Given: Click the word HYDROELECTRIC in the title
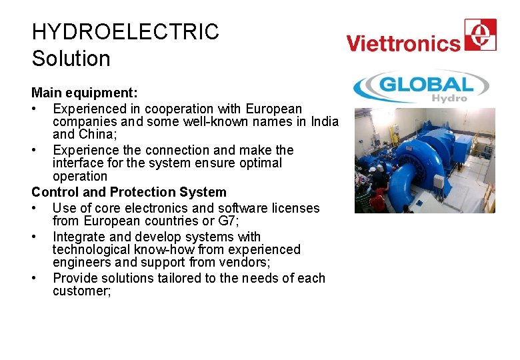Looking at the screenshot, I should click(x=125, y=32).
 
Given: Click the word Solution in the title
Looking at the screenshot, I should click(x=71, y=59).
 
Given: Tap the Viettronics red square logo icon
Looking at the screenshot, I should click(x=480, y=35).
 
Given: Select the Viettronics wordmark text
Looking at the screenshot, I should click(x=403, y=44).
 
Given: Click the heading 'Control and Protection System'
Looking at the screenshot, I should click(x=129, y=192).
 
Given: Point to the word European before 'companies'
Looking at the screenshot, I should click(x=273, y=108).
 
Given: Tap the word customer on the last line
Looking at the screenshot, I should click(x=80, y=291).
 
